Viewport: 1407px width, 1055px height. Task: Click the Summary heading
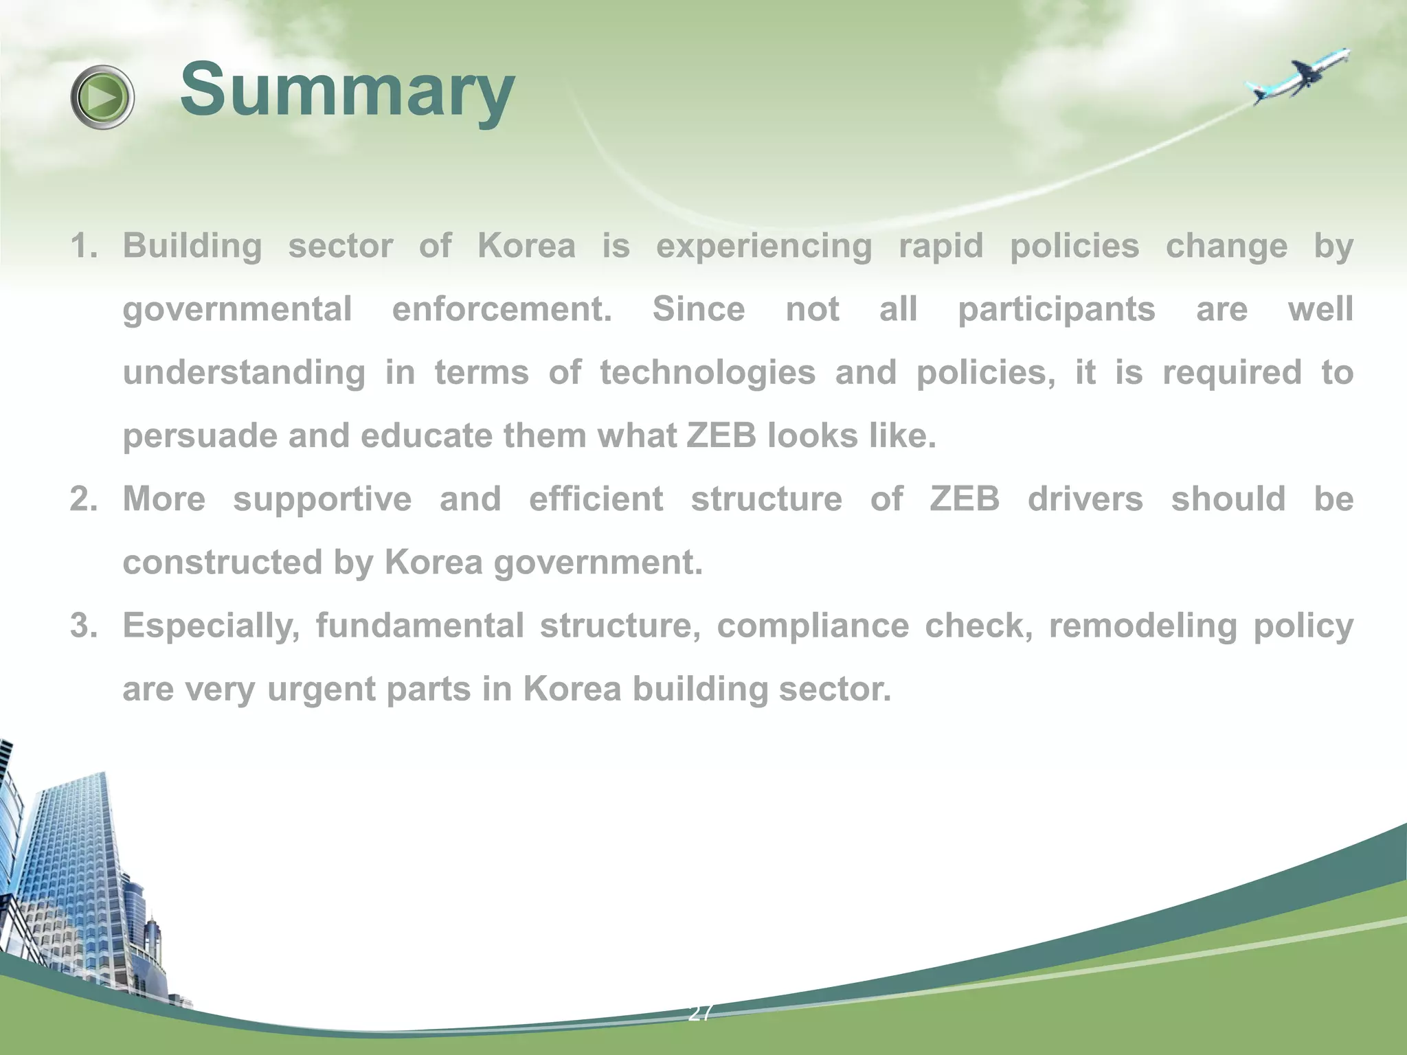click(x=347, y=91)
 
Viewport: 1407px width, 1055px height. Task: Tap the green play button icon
click(x=102, y=97)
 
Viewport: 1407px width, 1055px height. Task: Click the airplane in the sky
click(x=1298, y=78)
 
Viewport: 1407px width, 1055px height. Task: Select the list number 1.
click(x=83, y=246)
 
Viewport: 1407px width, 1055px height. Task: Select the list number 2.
click(x=83, y=499)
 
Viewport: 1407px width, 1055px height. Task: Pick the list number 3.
click(x=83, y=625)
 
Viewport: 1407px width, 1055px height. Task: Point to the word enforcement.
click(x=502, y=309)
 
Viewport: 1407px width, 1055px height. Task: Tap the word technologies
click(x=708, y=374)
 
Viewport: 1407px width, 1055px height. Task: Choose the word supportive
click(x=322, y=500)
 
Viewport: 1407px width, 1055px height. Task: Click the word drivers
click(x=1085, y=499)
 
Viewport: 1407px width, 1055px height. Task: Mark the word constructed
click(x=222, y=562)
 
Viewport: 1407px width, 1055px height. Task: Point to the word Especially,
click(x=211, y=626)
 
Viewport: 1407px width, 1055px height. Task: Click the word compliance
click(x=813, y=626)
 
